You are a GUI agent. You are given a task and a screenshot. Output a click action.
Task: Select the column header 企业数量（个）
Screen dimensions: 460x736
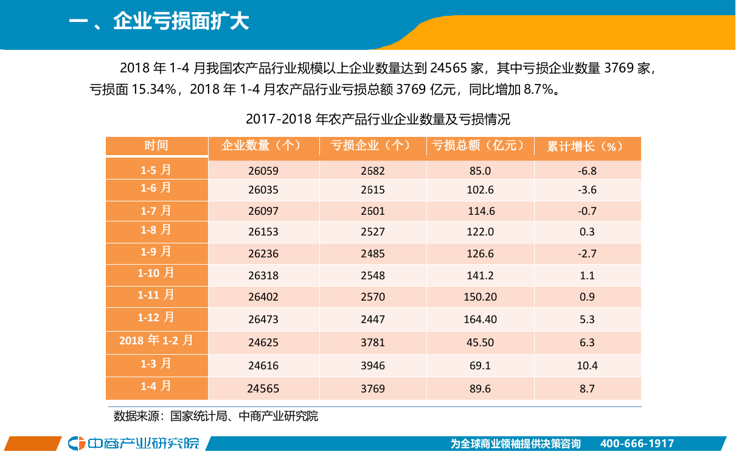pos(263,146)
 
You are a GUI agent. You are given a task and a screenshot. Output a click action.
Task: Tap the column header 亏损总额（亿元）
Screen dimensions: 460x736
pos(479,146)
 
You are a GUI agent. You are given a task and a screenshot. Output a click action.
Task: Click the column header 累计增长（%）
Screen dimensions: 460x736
pos(586,147)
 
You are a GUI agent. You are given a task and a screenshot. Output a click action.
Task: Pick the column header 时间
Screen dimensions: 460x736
pos(156,145)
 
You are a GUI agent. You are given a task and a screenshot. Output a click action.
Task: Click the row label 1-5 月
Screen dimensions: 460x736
pos(156,169)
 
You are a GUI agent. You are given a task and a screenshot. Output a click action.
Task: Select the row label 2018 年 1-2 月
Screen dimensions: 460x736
pos(156,341)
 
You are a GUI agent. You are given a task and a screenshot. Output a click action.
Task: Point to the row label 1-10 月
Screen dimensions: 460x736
pos(156,273)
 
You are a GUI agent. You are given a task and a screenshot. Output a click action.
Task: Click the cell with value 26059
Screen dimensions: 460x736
pos(263,171)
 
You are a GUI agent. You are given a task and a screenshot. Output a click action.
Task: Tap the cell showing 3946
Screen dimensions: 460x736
pos(372,366)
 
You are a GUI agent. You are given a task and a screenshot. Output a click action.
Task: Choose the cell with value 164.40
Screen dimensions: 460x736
pos(480,319)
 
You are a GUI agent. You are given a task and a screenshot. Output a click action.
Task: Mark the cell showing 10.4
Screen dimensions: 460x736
pos(587,366)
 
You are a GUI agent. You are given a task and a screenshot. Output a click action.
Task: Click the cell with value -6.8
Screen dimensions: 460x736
pos(587,171)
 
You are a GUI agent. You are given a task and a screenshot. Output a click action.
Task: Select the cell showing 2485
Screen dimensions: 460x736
pos(372,254)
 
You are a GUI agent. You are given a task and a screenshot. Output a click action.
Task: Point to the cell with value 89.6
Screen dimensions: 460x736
pos(480,388)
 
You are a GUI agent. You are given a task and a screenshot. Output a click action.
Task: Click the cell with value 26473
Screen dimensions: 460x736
pos(263,319)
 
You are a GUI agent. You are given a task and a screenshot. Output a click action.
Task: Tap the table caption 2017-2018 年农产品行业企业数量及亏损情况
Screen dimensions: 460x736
pos(378,119)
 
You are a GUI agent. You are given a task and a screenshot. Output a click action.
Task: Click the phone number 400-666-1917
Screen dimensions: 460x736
pos(637,444)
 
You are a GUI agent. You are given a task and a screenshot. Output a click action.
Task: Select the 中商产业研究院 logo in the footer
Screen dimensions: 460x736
pos(134,443)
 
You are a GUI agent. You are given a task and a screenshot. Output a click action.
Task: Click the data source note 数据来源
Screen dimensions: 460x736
pos(216,417)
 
